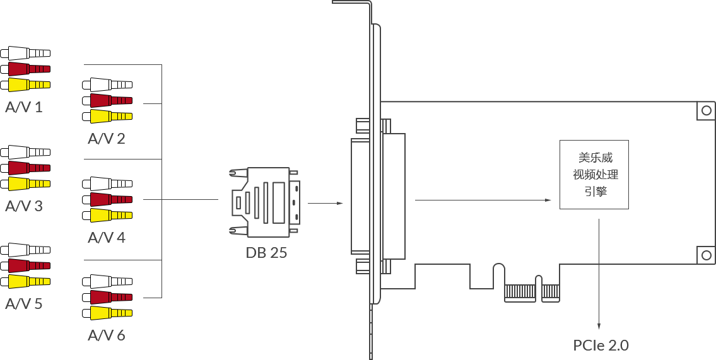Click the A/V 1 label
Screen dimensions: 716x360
(x=24, y=107)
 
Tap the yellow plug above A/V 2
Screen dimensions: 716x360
(x=107, y=117)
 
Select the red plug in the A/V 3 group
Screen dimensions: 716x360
(x=25, y=168)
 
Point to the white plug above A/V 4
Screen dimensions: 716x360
(x=107, y=184)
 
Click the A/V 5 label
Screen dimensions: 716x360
(x=24, y=304)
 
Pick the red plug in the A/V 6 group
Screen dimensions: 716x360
(x=107, y=298)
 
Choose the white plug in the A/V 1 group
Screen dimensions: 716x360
(x=25, y=54)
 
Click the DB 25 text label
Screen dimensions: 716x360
(x=267, y=252)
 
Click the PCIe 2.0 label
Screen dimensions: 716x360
(x=601, y=345)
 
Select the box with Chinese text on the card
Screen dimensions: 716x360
(x=594, y=175)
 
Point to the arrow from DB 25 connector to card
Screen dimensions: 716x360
(x=325, y=203)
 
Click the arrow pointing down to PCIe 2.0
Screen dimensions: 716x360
(x=599, y=274)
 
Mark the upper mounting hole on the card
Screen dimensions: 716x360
(x=706, y=110)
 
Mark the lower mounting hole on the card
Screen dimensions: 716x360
(x=706, y=255)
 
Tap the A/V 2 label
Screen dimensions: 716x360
(x=107, y=138)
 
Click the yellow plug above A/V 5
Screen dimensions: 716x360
(x=25, y=281)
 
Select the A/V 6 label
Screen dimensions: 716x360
(x=107, y=335)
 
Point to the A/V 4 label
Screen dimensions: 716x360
(x=107, y=237)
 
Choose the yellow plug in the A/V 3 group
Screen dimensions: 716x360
(x=25, y=184)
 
